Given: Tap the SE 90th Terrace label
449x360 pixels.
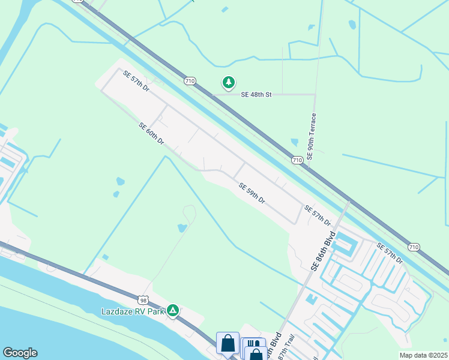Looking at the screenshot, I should (312, 136).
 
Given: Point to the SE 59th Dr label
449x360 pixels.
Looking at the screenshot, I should (252, 194).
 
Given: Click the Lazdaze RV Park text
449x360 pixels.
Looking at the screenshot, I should (133, 311).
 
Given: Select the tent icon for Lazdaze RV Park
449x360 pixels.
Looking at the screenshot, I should (173, 310).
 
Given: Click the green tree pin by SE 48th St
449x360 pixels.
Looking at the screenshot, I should (228, 82).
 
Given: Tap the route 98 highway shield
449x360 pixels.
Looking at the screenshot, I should (142, 299).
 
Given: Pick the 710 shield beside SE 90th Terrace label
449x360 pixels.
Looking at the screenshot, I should (297, 160).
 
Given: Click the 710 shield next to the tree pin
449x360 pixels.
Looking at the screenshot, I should (190, 80).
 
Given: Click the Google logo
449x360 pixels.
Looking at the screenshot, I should (20, 353).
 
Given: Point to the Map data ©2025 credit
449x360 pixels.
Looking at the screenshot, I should (423, 355).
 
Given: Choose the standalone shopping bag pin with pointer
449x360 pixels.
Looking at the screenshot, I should (228, 344).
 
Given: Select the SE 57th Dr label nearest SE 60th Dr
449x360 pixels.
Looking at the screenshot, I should (136, 82).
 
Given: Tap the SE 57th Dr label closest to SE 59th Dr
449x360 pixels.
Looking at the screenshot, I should (317, 216).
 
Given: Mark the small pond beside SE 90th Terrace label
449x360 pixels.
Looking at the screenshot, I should (294, 142).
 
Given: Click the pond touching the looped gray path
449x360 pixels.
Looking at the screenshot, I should (181, 228).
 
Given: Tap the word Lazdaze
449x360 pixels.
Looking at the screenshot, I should (115, 311).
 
